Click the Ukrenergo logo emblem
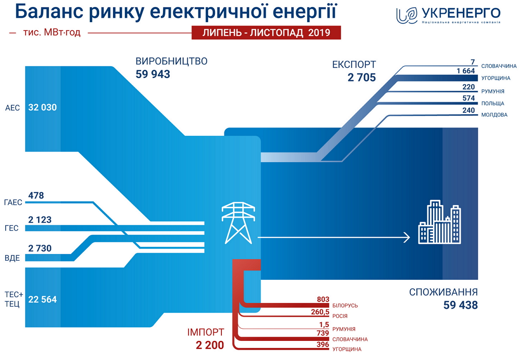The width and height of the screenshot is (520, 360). [x=407, y=16]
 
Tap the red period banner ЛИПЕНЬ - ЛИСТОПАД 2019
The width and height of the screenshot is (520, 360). [x=266, y=33]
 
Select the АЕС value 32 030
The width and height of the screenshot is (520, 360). [x=42, y=108]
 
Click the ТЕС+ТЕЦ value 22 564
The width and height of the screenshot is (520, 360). [x=42, y=299]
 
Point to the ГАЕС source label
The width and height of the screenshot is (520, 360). [x=13, y=203]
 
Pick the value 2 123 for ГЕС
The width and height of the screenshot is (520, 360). [x=40, y=219]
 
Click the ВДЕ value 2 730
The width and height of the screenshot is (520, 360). [x=40, y=248]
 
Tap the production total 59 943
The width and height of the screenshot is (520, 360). [x=153, y=74]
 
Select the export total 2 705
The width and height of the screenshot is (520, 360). [x=361, y=77]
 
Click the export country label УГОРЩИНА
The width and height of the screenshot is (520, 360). [x=496, y=78]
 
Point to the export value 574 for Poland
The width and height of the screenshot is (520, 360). [x=468, y=98]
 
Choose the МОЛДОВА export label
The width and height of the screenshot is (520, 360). [x=494, y=115]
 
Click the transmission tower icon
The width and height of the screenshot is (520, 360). [x=238, y=223]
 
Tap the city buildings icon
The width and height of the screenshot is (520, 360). [x=439, y=222]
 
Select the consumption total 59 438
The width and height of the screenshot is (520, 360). [x=461, y=305]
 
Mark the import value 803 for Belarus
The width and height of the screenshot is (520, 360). [x=323, y=299]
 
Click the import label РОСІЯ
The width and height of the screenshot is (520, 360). [x=340, y=316]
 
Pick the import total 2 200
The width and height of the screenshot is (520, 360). [x=210, y=345]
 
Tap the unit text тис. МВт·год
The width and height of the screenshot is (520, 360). [x=52, y=32]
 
